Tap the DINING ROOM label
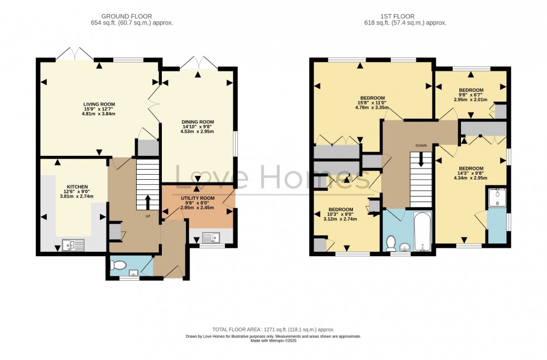point(198,122)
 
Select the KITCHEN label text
point(78,186)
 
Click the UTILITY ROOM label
point(198,198)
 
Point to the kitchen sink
point(73,244)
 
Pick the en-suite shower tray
point(497,198)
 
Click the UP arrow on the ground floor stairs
point(147,202)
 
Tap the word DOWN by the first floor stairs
point(421,146)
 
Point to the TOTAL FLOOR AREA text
point(273,329)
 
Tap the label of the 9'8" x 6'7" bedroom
point(471,90)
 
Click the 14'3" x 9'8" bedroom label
point(471,169)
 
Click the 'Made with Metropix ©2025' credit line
point(273,340)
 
